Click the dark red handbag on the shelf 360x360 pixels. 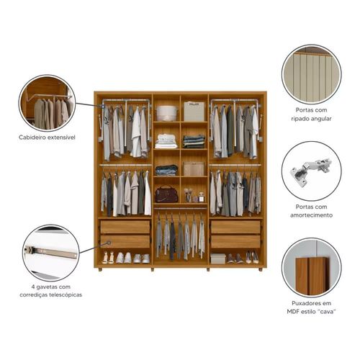click(166, 194)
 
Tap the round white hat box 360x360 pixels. click(167, 113)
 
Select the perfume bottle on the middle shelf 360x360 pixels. click(202, 197)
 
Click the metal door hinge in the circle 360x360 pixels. click(310, 170)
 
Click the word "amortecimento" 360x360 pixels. click(311, 215)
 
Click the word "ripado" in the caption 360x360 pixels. click(299, 119)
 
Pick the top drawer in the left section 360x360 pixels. click(125, 227)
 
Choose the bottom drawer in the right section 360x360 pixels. click(235, 241)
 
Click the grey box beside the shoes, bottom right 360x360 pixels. click(218, 258)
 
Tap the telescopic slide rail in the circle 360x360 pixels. click(51, 252)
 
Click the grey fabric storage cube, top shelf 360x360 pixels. click(194, 112)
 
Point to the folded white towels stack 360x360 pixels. click(166, 141)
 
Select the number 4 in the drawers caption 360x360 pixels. click(33, 287)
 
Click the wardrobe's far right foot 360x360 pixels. click(261, 269)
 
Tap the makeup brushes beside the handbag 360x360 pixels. click(188, 195)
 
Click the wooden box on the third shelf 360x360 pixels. click(194, 168)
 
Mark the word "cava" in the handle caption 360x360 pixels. click(326, 312)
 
